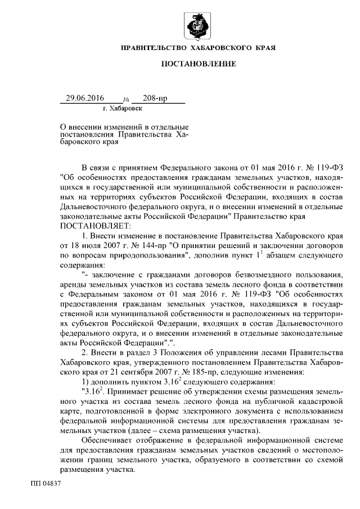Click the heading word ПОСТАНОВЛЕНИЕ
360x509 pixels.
199,64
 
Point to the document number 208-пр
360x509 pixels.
155,98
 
